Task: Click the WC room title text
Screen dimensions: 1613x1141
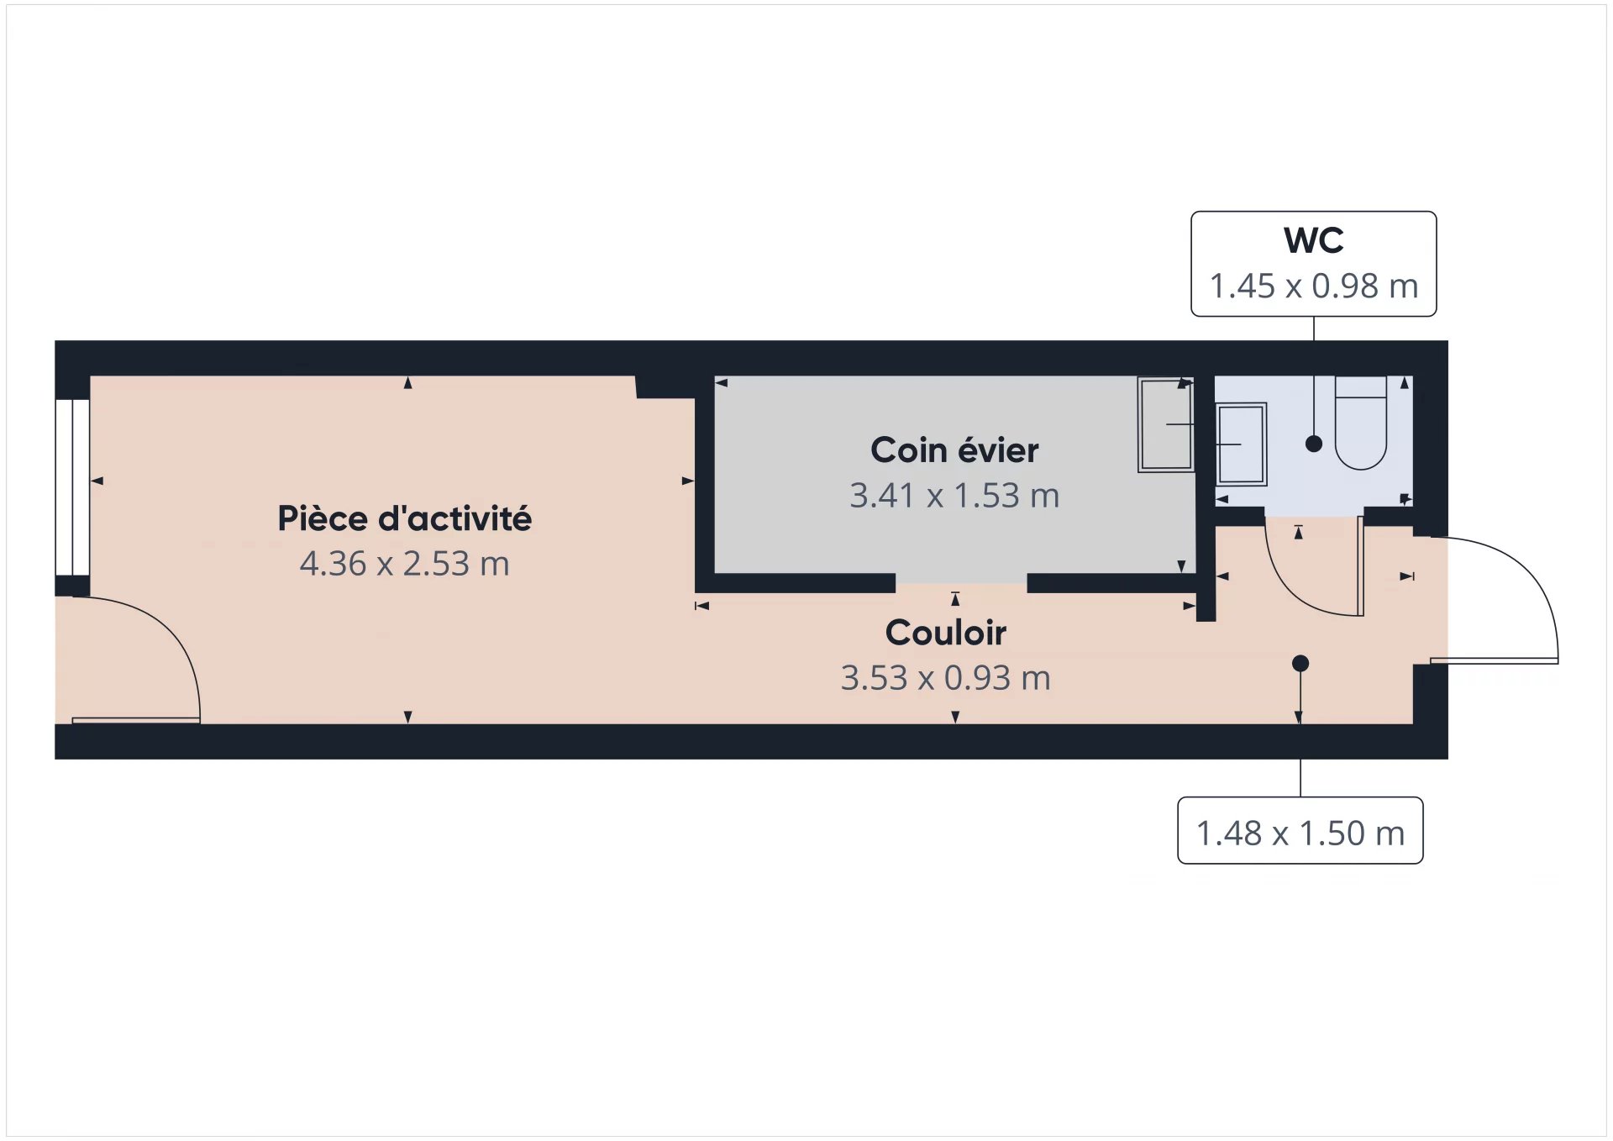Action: (1313, 241)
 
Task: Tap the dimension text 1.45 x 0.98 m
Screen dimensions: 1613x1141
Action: (1313, 287)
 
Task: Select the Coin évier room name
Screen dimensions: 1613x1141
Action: (954, 450)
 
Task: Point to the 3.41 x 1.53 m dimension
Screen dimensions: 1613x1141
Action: (954, 496)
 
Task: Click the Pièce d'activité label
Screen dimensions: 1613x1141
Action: (404, 518)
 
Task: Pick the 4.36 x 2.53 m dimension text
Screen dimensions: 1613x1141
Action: (404, 564)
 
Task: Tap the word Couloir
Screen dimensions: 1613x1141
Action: (946, 633)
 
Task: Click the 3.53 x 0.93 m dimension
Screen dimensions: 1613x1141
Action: (946, 678)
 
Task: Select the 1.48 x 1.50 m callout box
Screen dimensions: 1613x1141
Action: (1300, 830)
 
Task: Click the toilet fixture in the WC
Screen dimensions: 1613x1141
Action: (1360, 423)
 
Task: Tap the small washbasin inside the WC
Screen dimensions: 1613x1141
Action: (1241, 444)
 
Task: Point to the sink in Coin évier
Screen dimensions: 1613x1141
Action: (1166, 424)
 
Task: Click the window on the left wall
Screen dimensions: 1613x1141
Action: (73, 487)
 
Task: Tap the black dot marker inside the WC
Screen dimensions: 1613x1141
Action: (1314, 444)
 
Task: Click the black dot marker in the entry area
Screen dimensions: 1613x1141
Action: (1300, 664)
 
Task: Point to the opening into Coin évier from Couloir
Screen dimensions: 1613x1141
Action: (961, 583)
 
